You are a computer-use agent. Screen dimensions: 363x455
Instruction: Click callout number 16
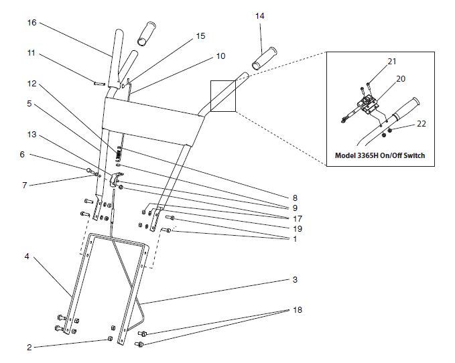point(31,22)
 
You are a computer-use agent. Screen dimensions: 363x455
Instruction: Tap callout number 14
point(261,15)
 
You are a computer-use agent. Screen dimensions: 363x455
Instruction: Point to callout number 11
point(31,52)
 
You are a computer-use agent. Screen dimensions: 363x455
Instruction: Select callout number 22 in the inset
point(421,123)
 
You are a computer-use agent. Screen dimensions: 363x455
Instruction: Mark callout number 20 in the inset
point(401,78)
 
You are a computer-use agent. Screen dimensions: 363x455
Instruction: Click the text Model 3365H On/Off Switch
point(380,155)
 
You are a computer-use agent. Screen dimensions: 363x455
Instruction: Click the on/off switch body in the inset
point(367,104)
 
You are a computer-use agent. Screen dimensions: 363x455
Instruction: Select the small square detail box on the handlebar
point(222,96)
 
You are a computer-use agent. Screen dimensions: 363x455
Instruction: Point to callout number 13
point(31,134)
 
